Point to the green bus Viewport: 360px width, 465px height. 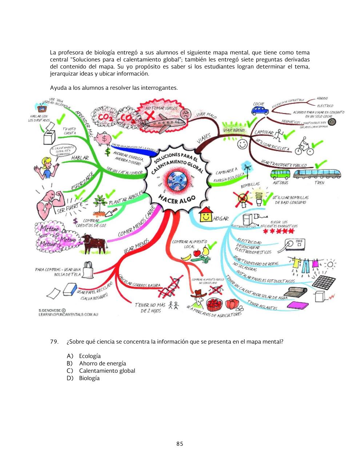coord(280,174)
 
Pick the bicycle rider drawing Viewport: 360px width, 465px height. coord(304,146)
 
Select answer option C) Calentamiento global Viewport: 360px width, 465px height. coord(107,371)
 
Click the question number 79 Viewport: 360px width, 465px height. coord(54,342)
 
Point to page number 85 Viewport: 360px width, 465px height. coord(180,444)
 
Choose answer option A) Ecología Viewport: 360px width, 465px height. coord(89,356)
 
